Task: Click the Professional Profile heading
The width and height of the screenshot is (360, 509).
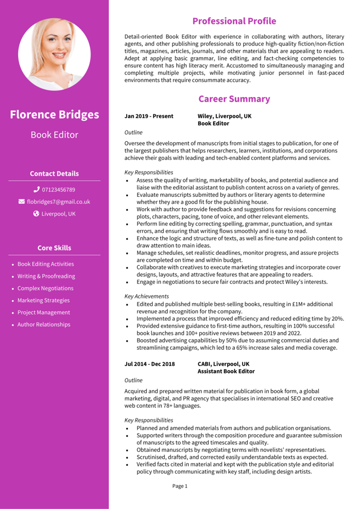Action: coord(234,21)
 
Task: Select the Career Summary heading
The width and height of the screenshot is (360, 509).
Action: coord(234,99)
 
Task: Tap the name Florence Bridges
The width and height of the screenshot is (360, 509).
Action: coord(54,115)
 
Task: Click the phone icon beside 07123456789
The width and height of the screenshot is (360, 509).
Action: coord(36,189)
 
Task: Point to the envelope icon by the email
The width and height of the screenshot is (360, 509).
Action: coord(22,201)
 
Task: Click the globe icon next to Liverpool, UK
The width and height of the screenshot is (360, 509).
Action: coord(36,213)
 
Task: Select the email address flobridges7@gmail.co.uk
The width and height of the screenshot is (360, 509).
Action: coord(58,202)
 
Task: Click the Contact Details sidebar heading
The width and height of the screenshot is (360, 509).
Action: coord(54,174)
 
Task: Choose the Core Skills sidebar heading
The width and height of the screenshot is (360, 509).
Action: coord(54,248)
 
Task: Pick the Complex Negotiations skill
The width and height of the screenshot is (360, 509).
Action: coord(45,288)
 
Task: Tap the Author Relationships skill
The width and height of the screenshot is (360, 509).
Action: coord(44,324)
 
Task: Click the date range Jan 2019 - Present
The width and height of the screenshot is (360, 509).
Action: coord(149,116)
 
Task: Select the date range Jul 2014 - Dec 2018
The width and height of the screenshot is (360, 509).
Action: coord(149,364)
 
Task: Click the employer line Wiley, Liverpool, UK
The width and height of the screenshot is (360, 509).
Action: coord(224,116)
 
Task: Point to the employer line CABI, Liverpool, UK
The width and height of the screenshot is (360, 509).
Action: coord(223,364)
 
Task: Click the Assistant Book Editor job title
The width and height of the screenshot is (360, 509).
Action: coord(226,371)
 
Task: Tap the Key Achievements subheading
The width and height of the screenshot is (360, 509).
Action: coord(146,296)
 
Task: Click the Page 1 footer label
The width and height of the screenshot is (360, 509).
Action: coord(180,486)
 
